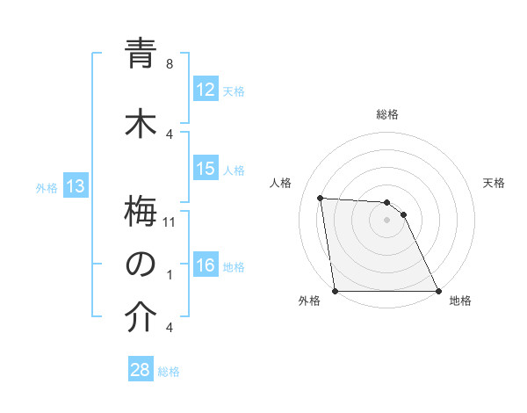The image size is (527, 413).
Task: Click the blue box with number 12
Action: point(206,90)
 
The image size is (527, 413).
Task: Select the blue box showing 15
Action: point(206,169)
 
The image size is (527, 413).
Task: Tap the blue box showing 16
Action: point(206,265)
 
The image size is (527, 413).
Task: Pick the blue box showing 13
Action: point(75,186)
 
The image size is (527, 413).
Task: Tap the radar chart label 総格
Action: point(386,114)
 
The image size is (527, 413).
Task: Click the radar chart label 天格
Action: point(495,183)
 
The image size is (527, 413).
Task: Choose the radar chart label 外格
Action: point(310,301)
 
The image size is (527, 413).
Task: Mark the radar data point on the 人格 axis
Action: point(320,198)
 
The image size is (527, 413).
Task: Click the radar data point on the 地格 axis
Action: point(437,291)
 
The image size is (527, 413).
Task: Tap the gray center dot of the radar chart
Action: point(386,220)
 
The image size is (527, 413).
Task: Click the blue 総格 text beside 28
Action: point(169,371)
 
